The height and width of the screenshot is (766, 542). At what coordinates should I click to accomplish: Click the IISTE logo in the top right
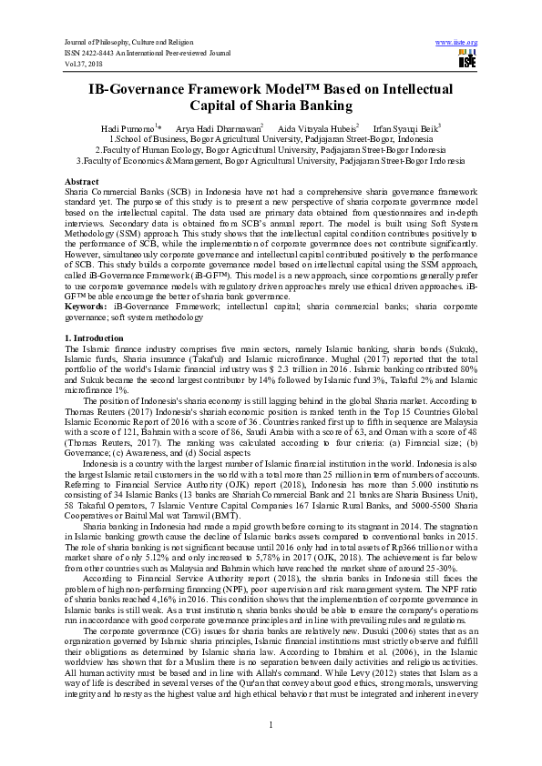pyautogui.click(x=465, y=60)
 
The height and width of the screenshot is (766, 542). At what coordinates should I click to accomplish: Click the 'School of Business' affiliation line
pyautogui.click(x=271, y=138)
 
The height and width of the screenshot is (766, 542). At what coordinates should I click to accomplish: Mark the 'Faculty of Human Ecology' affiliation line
pyautogui.click(x=271, y=148)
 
